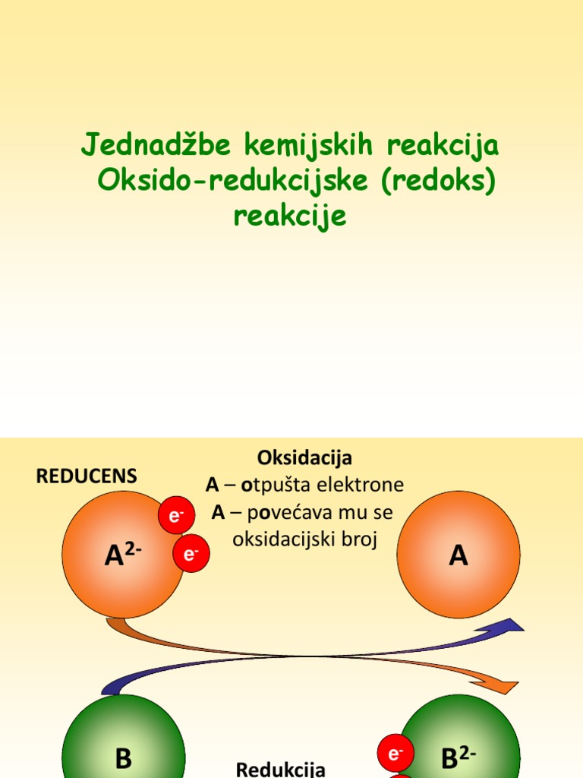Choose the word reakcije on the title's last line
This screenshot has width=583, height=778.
290,217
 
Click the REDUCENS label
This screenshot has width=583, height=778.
87,476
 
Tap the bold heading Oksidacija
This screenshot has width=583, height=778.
304,458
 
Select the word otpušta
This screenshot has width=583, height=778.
272,485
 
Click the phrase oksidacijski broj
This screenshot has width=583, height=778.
304,540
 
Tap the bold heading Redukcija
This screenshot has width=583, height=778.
281,769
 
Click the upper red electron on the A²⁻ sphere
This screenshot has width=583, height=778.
176,517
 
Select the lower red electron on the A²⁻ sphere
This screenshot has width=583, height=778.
191,554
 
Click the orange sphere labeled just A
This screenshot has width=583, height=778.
459,555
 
